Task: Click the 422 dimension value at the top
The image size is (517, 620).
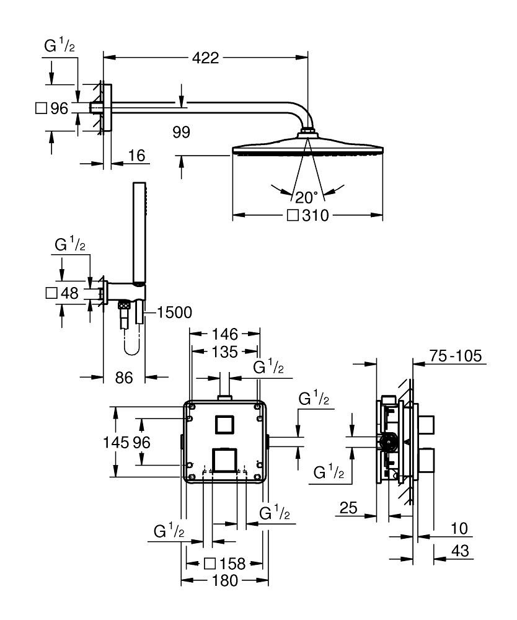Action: [205, 58]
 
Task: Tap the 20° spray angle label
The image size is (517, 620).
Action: [306, 197]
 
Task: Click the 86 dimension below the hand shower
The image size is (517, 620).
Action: [125, 377]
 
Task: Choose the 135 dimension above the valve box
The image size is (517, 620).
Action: [225, 352]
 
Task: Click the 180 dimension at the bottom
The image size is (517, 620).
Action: [224, 581]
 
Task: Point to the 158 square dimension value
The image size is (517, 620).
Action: [232, 564]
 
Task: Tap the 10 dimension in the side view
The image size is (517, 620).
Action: [459, 528]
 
